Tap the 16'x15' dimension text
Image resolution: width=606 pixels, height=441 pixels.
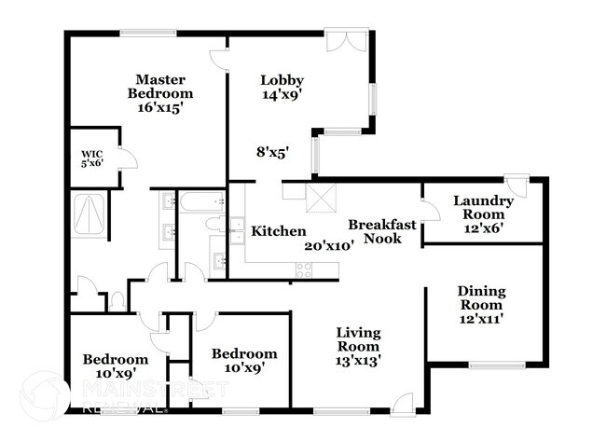point(160,107)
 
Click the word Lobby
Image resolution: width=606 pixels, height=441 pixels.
point(282,80)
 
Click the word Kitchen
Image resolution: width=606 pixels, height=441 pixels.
point(279,230)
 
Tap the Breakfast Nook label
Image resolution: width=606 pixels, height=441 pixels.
point(376,231)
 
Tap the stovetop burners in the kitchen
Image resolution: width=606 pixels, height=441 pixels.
point(304,269)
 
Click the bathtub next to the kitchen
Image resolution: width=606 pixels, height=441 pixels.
point(201,202)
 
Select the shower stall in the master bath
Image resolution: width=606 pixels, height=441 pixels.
point(90,214)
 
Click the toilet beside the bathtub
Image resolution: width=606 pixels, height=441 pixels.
point(213,225)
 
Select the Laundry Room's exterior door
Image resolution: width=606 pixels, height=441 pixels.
point(516,184)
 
